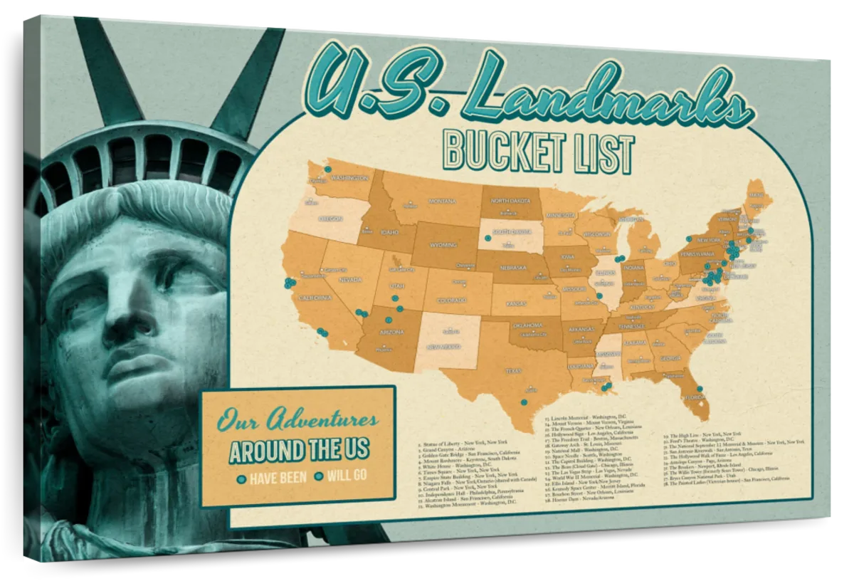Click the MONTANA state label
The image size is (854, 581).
[441, 201]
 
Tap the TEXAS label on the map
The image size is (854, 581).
[513, 370]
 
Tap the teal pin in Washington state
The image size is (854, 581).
[328, 169]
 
